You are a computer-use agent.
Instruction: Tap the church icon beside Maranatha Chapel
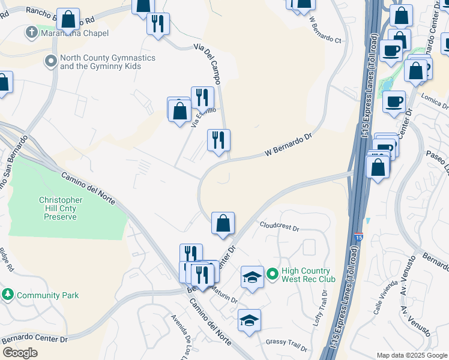pos(32,32)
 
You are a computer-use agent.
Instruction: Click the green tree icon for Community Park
pos(8,295)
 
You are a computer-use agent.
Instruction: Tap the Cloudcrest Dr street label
pos(279,227)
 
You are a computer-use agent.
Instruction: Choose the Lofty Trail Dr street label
pos(319,308)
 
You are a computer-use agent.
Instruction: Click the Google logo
pos(20,353)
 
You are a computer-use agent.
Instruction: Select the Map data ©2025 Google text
pos(411,355)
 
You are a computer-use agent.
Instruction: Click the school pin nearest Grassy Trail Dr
pos(249,320)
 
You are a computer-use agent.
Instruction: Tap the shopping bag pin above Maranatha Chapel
pos(68,19)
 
